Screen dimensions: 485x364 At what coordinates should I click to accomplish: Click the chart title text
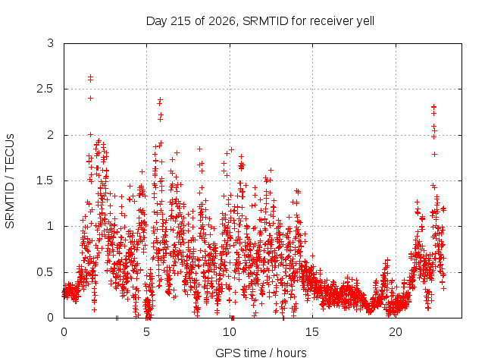tap(260, 21)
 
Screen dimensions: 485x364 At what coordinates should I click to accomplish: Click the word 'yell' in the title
tap(365, 21)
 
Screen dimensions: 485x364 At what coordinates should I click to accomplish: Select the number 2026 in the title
tap(222, 21)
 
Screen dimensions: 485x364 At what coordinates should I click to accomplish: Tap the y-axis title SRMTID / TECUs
tap(10, 181)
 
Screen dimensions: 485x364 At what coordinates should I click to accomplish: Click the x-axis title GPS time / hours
tap(261, 353)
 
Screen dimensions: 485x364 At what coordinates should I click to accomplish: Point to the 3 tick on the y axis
tap(51, 43)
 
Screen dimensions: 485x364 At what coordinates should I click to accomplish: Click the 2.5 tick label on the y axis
tap(45, 89)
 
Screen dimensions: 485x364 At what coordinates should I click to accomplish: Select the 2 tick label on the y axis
tap(51, 135)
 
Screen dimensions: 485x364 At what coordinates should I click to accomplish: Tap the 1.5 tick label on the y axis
tap(45, 180)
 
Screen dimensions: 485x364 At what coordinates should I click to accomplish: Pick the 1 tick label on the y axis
tap(51, 226)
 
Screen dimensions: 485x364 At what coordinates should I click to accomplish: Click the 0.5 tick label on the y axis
tap(45, 272)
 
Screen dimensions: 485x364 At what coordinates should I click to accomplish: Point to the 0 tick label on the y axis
tap(51, 318)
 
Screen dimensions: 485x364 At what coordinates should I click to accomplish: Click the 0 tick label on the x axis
tap(64, 332)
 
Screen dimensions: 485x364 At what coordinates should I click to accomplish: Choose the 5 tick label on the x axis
tap(146, 332)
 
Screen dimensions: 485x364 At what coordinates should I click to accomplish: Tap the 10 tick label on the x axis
tap(230, 332)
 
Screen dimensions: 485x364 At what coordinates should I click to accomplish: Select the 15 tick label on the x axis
tap(312, 332)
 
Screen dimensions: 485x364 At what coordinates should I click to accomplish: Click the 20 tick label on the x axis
tap(396, 332)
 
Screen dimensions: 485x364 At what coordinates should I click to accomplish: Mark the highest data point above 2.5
tap(90, 77)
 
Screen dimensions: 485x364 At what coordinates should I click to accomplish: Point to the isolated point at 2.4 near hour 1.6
tap(90, 98)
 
